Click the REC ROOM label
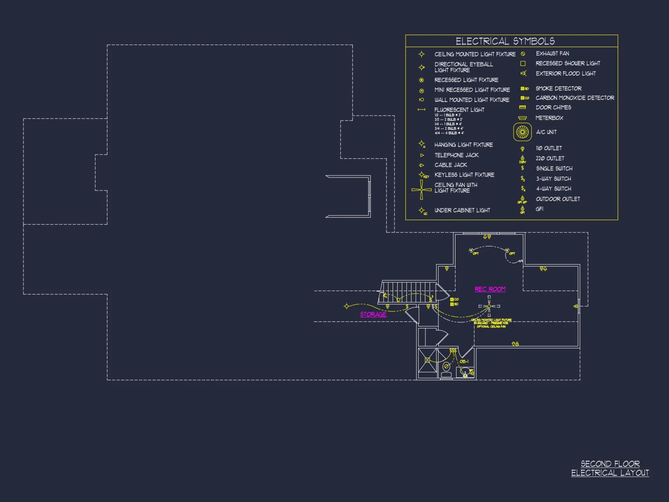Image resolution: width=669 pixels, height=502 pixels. coord(490,289)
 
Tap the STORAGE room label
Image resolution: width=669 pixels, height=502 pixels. coord(373,314)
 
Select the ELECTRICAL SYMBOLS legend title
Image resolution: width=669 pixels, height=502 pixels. coord(505,41)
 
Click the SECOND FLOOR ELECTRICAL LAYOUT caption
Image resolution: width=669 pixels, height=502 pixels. coord(610,468)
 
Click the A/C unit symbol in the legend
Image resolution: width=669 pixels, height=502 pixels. coord(522,132)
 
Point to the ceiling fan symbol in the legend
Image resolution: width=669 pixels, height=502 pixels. coord(421,189)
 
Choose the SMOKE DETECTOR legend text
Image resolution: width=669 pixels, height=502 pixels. coord(558,89)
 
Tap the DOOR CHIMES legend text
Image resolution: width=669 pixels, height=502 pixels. coord(553,107)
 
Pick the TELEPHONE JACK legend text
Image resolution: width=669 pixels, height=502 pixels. coord(456,155)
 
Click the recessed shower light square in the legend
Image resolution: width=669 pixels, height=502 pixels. coord(523,64)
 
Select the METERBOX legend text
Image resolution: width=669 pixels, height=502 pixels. coord(549,118)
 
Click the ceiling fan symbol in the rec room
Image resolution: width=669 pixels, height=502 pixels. coord(489,306)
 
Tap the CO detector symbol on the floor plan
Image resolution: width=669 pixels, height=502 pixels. coord(452,300)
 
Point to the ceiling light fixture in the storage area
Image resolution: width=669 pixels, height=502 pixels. coord(347,306)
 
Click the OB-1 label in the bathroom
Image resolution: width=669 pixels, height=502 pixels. coord(464,361)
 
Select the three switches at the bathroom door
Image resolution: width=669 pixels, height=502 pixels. coord(453,350)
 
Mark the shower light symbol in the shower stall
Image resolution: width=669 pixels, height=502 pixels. coord(427,360)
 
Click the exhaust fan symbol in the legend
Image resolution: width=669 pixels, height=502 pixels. coord(523,54)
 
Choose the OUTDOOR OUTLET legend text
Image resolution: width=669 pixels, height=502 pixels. coord(558,199)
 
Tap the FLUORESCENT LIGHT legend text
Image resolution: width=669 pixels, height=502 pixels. coord(459,110)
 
